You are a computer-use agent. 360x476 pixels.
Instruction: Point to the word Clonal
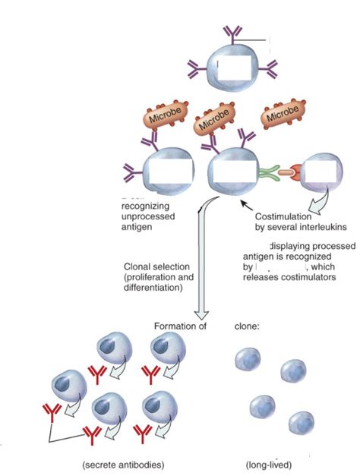point(139,266)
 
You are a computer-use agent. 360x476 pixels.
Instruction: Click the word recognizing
point(147,206)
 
